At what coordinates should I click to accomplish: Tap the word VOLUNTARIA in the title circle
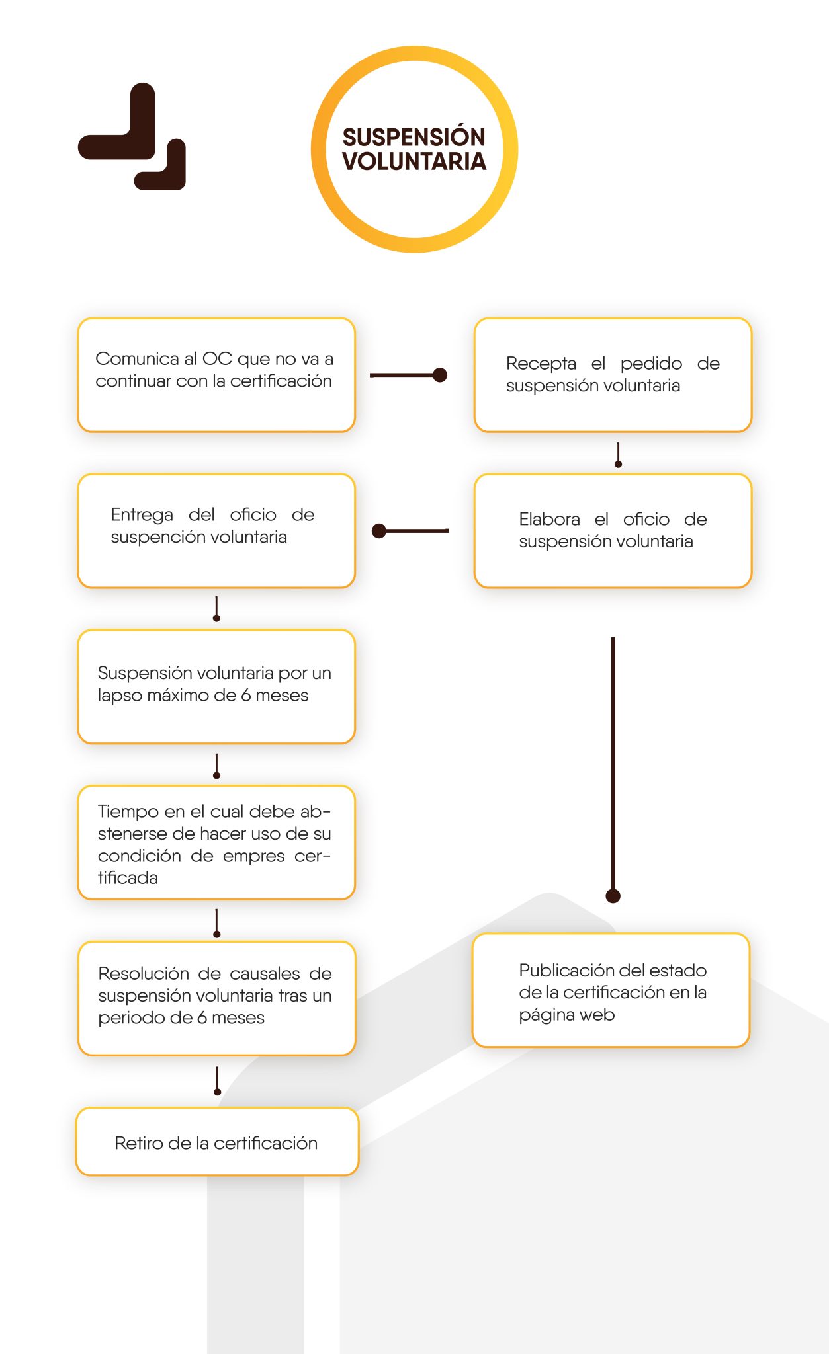pos(414,161)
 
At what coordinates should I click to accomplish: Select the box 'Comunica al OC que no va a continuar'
pos(216,375)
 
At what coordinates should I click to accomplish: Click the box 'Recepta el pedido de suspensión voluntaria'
pos(613,375)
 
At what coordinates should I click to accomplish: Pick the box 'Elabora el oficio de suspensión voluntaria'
pos(613,531)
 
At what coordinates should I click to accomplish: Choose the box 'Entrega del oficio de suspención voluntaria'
pos(216,531)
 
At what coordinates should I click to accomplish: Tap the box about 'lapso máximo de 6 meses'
pos(216,687)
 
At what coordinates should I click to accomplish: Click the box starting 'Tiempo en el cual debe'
pos(216,843)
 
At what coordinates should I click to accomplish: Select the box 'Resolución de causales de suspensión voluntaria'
pos(216,998)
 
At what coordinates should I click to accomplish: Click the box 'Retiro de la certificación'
pos(217,1142)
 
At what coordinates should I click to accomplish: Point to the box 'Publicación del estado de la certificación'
pos(611,990)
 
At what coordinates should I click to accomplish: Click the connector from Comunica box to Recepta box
pos(408,375)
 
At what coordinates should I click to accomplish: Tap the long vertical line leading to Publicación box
pos(613,767)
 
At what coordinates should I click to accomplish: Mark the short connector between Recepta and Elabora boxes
pos(618,455)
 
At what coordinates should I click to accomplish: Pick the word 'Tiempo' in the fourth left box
pos(129,812)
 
